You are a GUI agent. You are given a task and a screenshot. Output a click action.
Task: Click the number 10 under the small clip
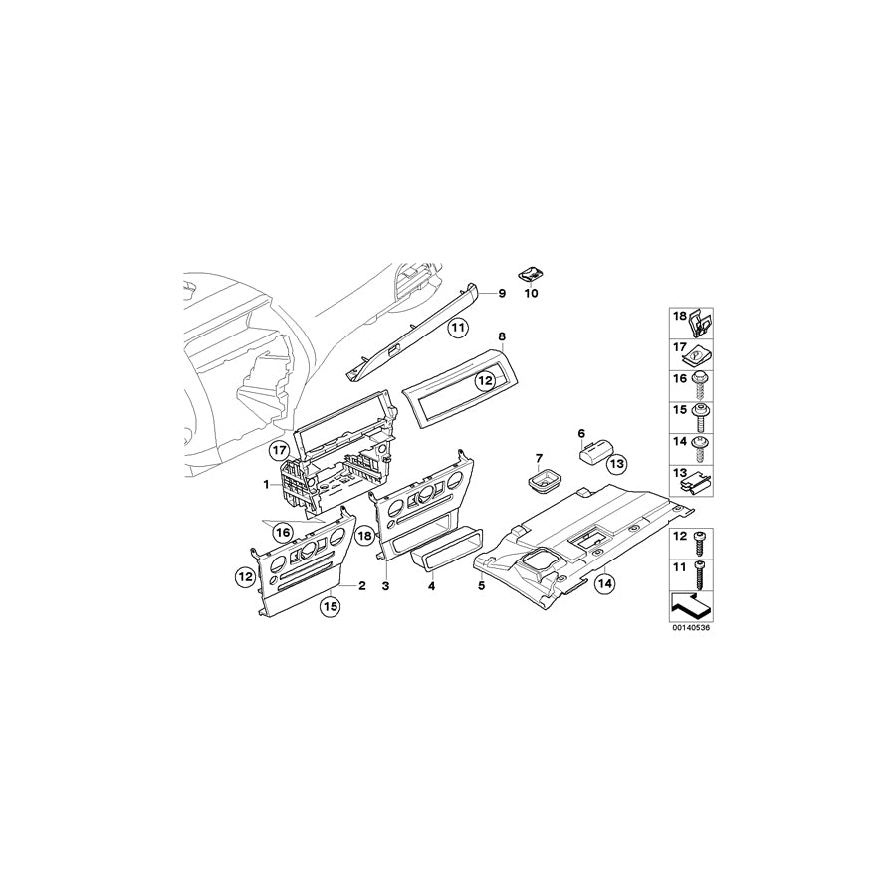tap(530, 295)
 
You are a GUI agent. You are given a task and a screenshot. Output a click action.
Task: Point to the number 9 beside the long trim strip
tap(502, 293)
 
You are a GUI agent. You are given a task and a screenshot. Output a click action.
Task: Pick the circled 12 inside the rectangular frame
tap(485, 379)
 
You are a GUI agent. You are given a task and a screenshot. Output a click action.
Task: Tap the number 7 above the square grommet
tap(539, 459)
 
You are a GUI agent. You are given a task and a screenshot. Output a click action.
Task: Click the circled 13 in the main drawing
tap(616, 463)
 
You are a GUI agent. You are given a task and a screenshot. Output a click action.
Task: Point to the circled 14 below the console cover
tap(603, 585)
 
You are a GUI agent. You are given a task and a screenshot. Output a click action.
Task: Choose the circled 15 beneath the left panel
tap(330, 604)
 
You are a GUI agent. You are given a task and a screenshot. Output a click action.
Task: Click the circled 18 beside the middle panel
tap(364, 535)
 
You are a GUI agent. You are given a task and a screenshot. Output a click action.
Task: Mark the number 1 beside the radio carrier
tap(266, 484)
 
